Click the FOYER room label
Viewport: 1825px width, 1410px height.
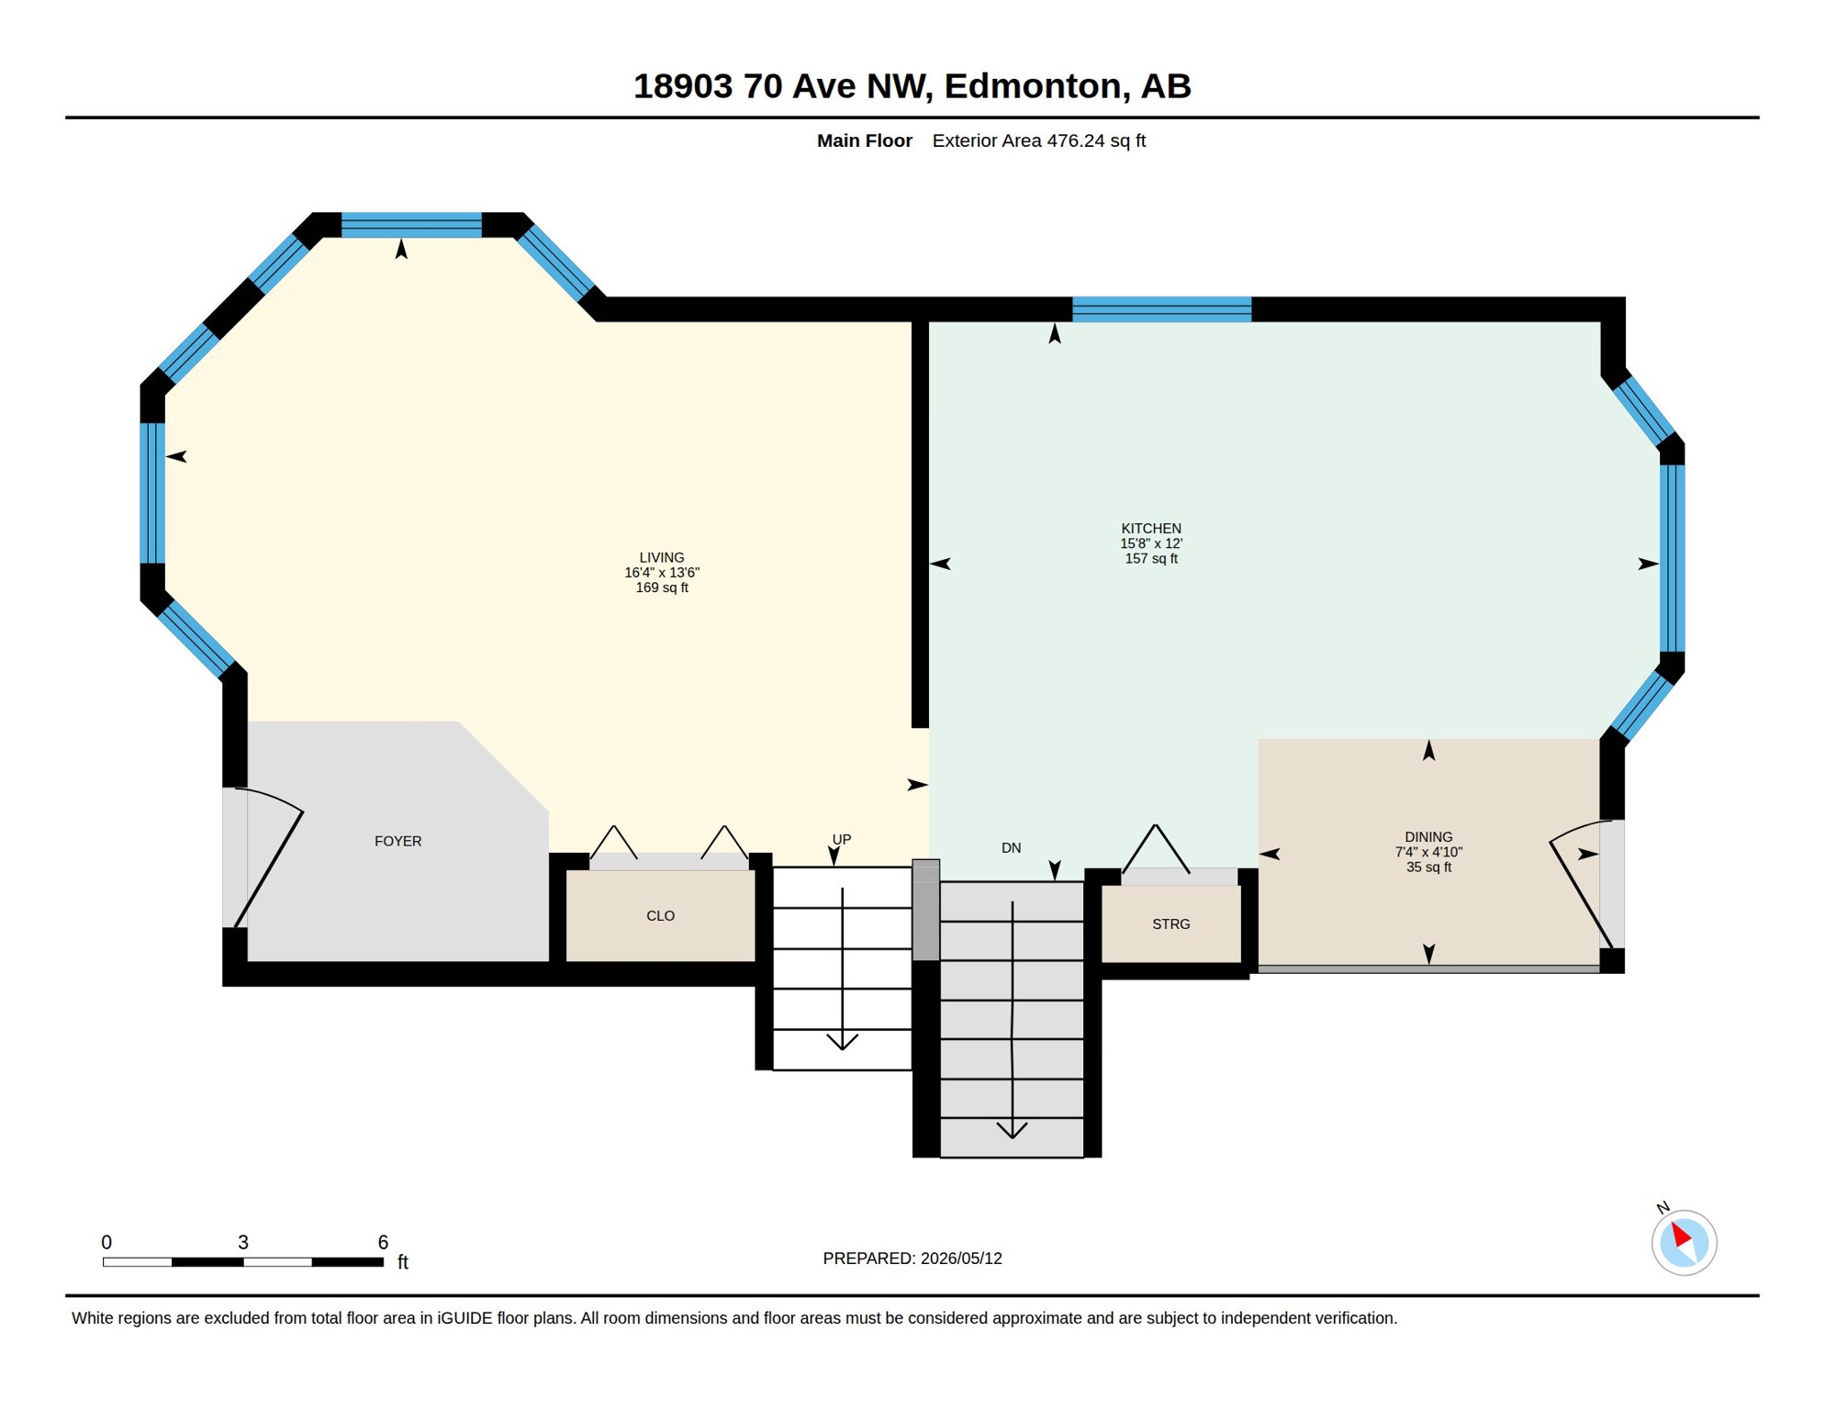click(397, 841)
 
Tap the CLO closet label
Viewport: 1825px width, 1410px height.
click(660, 915)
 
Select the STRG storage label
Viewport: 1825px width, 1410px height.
click(1170, 923)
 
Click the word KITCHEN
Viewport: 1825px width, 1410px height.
click(1150, 528)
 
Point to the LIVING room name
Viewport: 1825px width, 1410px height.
click(661, 557)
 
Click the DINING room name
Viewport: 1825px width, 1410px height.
click(1428, 836)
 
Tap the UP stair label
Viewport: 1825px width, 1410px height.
click(841, 839)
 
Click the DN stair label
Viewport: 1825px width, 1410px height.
click(1011, 847)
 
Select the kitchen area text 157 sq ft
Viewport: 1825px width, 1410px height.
click(1150, 558)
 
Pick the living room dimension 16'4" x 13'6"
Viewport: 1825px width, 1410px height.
click(661, 572)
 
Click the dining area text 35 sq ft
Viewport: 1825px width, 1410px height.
click(1428, 867)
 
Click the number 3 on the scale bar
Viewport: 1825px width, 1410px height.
click(242, 1242)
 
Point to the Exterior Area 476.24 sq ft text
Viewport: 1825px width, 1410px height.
click(1038, 140)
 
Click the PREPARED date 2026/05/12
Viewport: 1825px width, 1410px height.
click(961, 1258)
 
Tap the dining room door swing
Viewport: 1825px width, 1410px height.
click(1581, 884)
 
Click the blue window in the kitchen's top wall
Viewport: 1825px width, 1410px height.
click(1161, 309)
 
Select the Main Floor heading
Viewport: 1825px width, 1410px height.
click(864, 140)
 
